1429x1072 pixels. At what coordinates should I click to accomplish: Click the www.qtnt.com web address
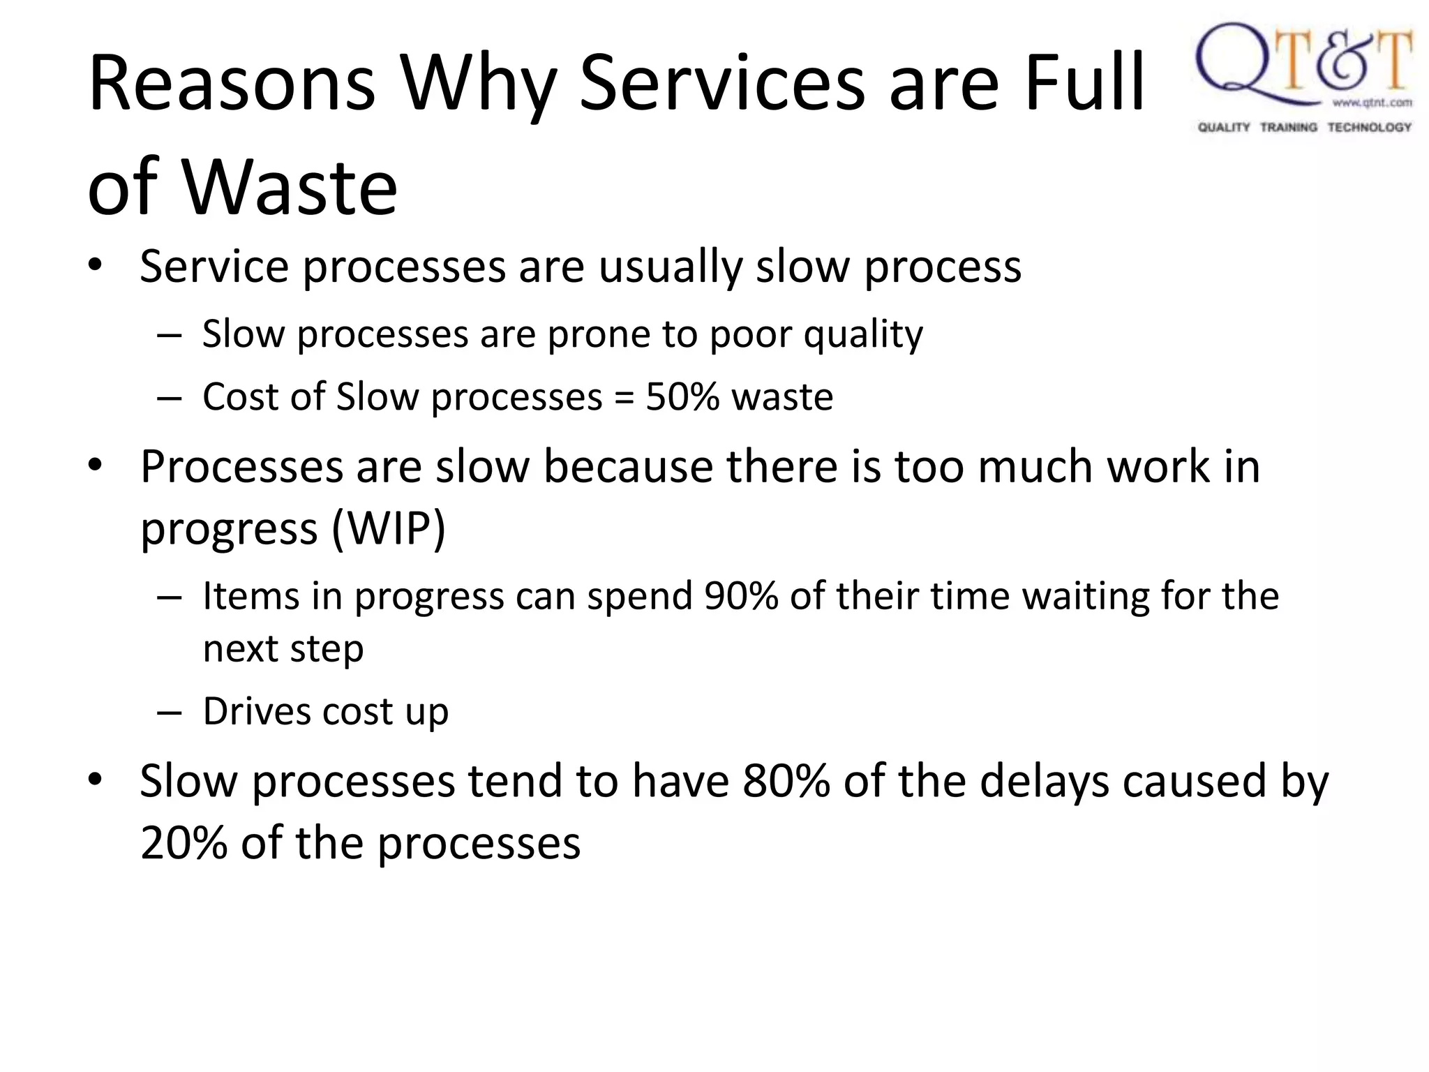point(1372,103)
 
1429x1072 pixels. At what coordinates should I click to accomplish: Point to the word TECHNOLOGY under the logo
point(1369,127)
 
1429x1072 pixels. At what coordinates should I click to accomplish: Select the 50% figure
point(682,397)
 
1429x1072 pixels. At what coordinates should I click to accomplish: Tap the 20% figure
point(184,843)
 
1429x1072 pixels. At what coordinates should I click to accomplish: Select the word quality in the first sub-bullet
point(862,334)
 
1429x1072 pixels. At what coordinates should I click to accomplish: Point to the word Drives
point(257,712)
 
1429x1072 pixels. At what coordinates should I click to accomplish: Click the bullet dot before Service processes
point(96,266)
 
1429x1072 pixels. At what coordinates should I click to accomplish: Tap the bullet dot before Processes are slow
point(96,466)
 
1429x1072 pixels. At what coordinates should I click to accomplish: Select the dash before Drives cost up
point(170,713)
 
